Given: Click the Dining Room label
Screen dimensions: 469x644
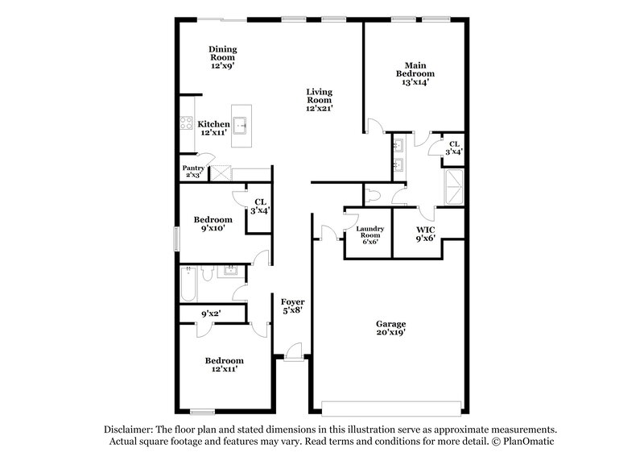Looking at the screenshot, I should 222,57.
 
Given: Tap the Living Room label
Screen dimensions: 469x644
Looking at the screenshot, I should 319,99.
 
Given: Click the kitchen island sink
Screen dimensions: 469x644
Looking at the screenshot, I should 241,125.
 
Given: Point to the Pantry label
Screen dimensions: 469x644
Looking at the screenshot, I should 192,172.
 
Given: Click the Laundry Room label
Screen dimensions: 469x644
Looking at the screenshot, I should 368,234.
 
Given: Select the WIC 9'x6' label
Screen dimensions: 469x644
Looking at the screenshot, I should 425,234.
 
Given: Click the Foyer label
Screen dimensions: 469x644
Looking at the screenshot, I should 291,305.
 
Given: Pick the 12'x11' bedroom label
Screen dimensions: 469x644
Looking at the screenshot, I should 224,364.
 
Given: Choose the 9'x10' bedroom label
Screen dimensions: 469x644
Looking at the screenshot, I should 213,224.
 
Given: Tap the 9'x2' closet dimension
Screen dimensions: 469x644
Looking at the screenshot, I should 211,313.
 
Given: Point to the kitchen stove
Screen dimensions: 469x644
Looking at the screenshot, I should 184,125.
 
